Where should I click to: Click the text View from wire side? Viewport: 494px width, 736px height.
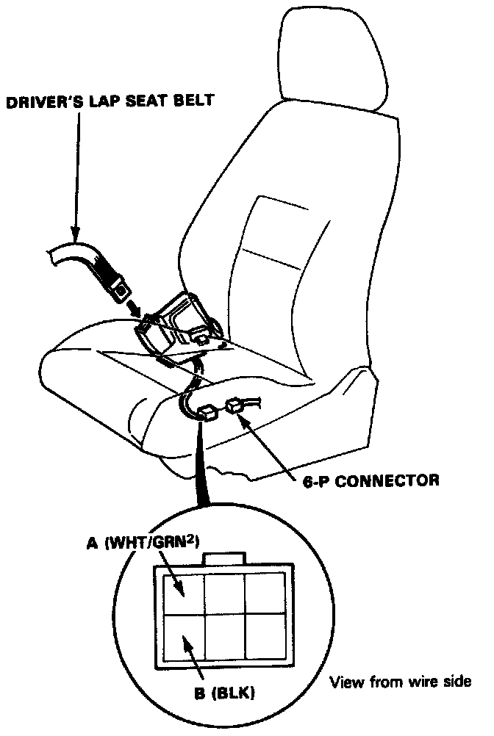tap(400, 681)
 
